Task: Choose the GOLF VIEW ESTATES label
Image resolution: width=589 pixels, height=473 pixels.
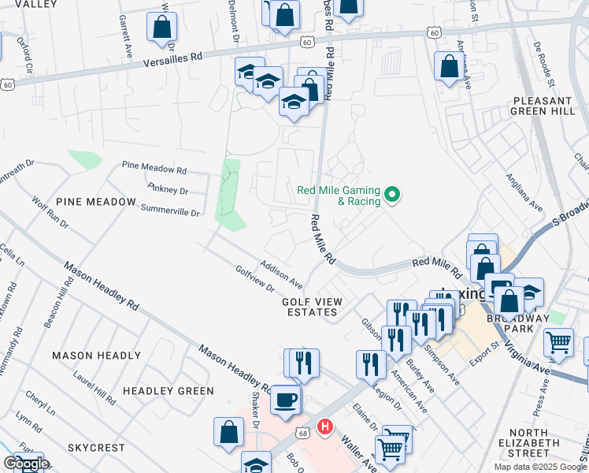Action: pos(310,307)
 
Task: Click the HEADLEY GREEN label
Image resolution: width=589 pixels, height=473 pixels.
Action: pos(168,391)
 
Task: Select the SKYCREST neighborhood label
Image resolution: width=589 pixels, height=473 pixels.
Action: pos(96,448)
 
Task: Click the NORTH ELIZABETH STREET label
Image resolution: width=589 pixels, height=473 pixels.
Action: pos(539,443)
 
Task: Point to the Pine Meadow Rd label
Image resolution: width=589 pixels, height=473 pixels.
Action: pos(154,168)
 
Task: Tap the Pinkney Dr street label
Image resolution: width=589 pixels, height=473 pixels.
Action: pos(168,189)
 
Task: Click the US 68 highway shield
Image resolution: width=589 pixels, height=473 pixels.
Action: pos(303,412)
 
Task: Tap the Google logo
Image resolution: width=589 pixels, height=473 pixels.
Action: pos(26,464)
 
